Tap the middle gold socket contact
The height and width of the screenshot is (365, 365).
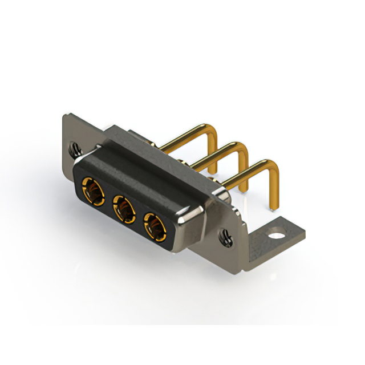123,206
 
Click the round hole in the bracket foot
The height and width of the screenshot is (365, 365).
278,233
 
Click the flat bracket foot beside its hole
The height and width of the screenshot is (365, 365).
291,231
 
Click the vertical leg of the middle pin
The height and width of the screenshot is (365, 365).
244,171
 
